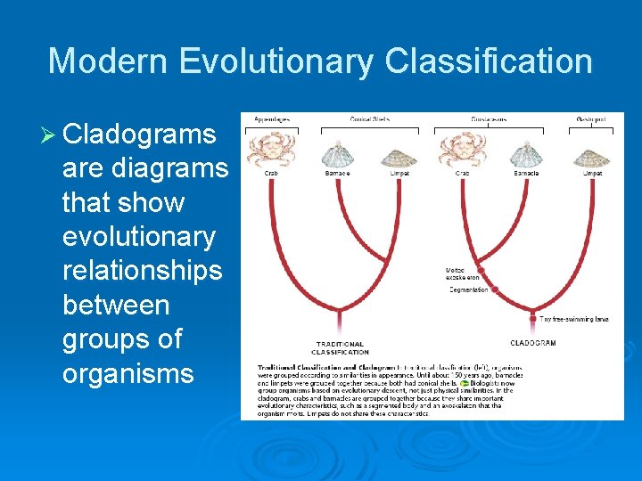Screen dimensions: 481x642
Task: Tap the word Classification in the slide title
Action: (489, 61)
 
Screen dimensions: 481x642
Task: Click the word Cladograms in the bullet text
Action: (140, 135)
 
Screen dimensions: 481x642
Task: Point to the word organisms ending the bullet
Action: (128, 372)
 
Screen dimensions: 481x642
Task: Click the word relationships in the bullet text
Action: (142, 271)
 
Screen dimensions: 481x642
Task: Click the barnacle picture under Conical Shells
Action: (337, 153)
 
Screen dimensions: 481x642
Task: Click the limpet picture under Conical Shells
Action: (399, 155)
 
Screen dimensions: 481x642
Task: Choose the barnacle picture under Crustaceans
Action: (526, 153)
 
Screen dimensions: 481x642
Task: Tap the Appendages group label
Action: (271, 118)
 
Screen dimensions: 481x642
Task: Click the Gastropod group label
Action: (592, 118)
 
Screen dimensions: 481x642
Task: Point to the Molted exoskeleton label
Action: (462, 273)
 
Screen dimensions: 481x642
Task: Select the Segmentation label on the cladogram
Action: (468, 289)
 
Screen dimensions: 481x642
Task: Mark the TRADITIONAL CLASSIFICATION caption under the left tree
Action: (340, 347)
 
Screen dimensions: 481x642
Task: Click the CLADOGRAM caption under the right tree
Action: (533, 343)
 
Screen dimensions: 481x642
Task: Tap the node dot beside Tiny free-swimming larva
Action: (532, 318)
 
